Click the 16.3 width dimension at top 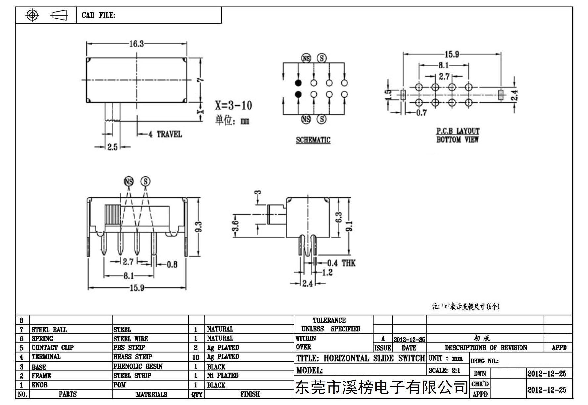click(x=136, y=44)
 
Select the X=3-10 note click(x=234, y=105)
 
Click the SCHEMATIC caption click(x=313, y=140)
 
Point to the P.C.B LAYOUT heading click(x=458, y=131)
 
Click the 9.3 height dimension click(x=199, y=227)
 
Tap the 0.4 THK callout click(x=341, y=263)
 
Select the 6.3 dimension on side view click(x=339, y=218)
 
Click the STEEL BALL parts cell click(x=49, y=330)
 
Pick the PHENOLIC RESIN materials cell click(x=138, y=366)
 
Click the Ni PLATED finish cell click(x=223, y=375)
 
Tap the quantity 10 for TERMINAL click(x=196, y=357)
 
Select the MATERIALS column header click(x=152, y=394)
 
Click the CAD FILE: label click(x=99, y=15)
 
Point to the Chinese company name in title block click(x=382, y=387)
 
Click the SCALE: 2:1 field click(x=444, y=370)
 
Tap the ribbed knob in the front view click(x=113, y=215)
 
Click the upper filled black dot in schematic click(x=298, y=83)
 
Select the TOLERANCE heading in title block click(x=329, y=320)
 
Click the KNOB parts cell click(x=39, y=385)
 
